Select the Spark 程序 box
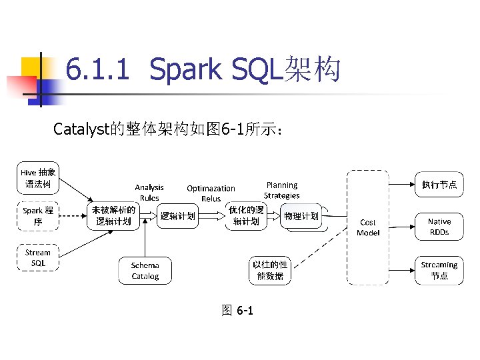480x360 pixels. (x=38, y=216)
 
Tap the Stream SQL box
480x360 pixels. (x=38, y=257)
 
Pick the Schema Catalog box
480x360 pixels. (x=145, y=271)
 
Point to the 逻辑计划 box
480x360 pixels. (x=178, y=216)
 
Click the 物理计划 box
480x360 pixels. (x=301, y=216)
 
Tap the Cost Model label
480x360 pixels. (x=368, y=227)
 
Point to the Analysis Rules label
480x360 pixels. (x=149, y=193)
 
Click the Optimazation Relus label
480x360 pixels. (x=211, y=193)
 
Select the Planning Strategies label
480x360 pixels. (x=281, y=190)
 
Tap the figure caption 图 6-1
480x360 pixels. (x=237, y=311)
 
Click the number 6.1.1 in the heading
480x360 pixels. (x=97, y=69)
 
